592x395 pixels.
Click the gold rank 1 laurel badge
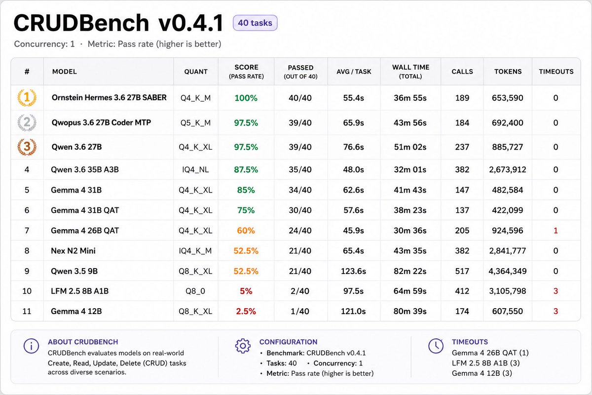click(x=27, y=98)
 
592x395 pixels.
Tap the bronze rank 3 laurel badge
click(x=27, y=147)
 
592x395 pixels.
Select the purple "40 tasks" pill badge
click(x=255, y=23)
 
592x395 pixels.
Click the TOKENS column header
click(x=508, y=72)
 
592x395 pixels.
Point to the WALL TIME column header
click(x=410, y=72)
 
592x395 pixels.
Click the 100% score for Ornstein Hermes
click(x=246, y=98)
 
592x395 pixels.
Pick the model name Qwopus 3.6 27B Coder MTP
click(x=101, y=122)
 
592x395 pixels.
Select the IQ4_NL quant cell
click(x=195, y=169)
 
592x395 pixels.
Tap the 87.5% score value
click(x=246, y=169)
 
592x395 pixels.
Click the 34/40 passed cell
click(x=300, y=190)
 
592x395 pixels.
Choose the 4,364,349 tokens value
click(x=508, y=271)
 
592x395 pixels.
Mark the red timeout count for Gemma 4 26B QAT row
click(x=555, y=231)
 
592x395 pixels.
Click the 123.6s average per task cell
click(x=353, y=271)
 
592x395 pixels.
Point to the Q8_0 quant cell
click(x=195, y=291)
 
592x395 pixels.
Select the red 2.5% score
click(x=246, y=311)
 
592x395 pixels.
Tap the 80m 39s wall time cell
click(x=410, y=311)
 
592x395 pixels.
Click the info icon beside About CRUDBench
click(x=31, y=346)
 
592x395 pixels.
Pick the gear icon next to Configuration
click(x=243, y=346)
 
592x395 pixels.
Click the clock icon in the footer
click(x=436, y=346)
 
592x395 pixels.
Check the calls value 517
click(x=462, y=271)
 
